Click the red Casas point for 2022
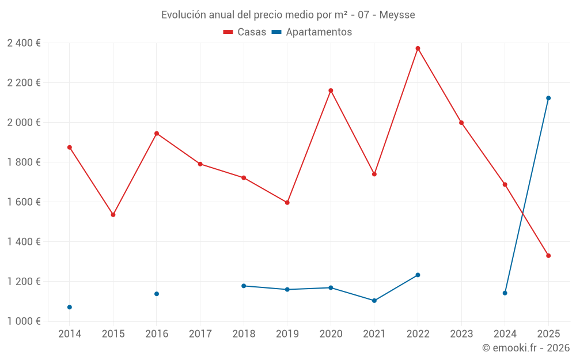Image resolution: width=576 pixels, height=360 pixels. point(418,48)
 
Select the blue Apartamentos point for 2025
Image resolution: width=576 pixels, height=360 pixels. point(548,98)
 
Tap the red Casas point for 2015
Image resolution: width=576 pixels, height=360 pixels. point(113,215)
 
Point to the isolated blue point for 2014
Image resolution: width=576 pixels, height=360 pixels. point(70,307)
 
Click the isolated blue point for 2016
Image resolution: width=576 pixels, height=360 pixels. point(157,294)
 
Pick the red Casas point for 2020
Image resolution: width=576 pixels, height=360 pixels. point(331,90)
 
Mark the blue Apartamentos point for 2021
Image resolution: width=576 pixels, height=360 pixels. point(374,301)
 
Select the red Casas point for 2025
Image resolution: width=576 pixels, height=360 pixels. point(548,256)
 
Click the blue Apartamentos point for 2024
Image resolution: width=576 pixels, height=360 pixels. point(505,293)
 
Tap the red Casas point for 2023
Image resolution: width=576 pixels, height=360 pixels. point(461,123)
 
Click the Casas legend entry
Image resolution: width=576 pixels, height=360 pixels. point(245,32)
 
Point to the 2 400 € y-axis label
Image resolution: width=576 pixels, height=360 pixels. point(24,43)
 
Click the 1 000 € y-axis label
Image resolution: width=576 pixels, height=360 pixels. point(24,321)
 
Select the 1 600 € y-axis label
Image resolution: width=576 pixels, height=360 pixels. point(24,202)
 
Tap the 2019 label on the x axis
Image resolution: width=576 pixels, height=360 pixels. point(287,334)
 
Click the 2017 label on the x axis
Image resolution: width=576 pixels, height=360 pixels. point(200,334)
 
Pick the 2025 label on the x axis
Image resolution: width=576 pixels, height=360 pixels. point(548,334)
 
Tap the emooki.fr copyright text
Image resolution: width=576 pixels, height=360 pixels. point(525,348)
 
